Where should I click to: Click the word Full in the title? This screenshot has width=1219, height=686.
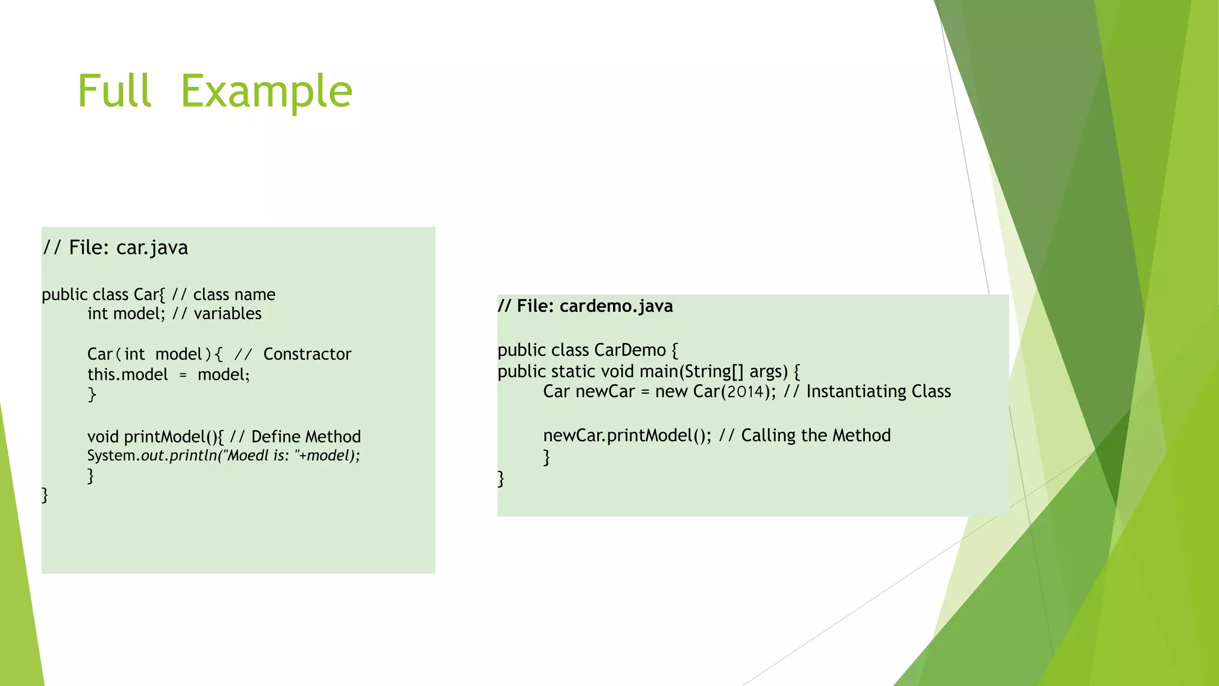tap(114, 91)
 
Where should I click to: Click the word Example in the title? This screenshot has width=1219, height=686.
tap(266, 91)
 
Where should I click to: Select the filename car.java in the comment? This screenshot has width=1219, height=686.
tap(152, 248)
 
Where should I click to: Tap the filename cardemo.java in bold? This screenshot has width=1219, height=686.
tap(616, 306)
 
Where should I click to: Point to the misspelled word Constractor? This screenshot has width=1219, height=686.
tap(307, 354)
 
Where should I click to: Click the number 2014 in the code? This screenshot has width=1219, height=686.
tap(745, 392)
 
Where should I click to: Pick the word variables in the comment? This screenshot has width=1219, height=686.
tap(227, 314)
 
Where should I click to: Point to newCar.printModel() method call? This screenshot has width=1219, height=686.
tap(626, 436)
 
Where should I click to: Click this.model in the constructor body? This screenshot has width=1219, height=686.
tap(127, 375)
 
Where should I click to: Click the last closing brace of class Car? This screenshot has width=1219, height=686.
tap(45, 495)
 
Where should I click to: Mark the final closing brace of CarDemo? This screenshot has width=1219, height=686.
tap(501, 479)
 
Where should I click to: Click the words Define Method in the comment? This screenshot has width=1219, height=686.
tap(306, 437)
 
